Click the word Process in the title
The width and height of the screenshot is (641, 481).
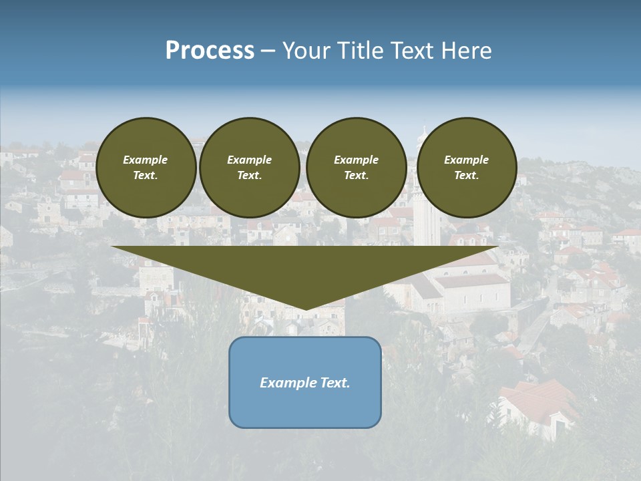tap(210, 51)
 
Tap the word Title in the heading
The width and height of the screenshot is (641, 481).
tap(361, 51)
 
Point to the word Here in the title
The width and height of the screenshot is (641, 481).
tap(467, 51)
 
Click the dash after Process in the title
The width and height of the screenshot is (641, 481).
tap(268, 51)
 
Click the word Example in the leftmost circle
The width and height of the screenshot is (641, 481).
tap(146, 160)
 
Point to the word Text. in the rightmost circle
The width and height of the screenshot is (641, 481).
tap(467, 175)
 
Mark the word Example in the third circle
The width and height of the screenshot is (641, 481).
tap(357, 160)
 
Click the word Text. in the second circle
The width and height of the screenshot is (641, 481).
tap(250, 175)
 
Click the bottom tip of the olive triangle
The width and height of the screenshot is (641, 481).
tap(306, 309)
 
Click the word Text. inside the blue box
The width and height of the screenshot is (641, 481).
tap(336, 383)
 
